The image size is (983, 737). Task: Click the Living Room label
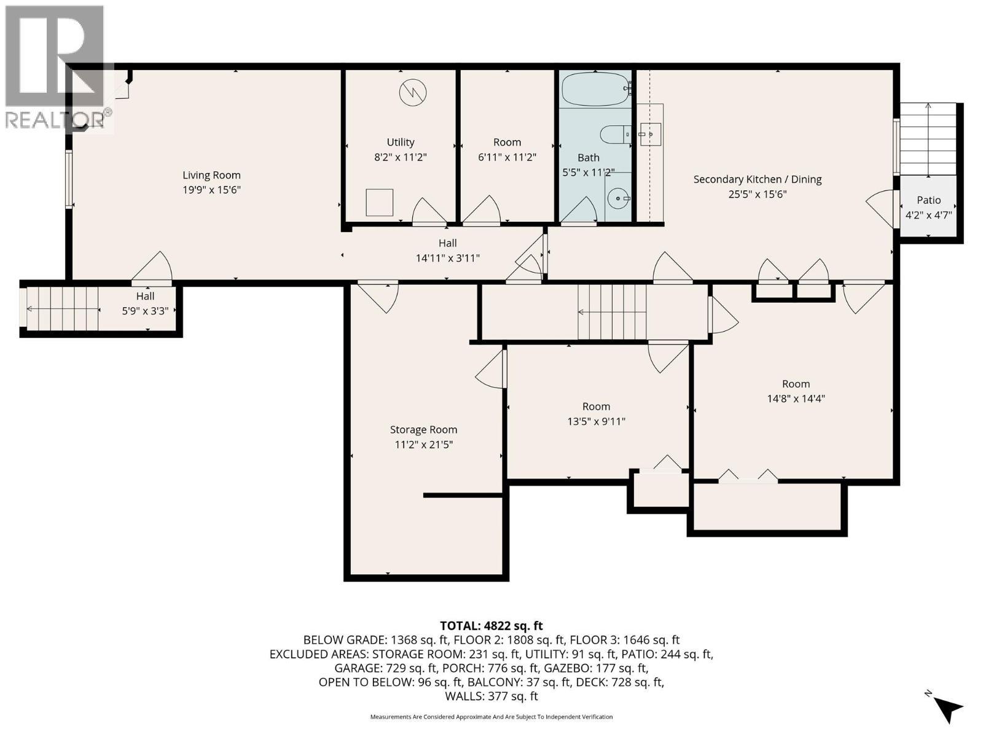click(x=211, y=176)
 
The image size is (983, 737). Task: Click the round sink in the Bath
click(x=618, y=198)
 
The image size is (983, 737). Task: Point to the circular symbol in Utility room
click(x=412, y=93)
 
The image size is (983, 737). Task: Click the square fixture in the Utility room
click(x=379, y=202)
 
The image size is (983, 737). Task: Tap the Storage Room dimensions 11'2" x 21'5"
click(x=423, y=445)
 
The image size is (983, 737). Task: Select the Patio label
click(x=928, y=200)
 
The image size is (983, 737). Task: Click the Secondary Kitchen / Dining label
click(x=757, y=179)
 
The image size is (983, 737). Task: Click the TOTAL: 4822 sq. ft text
click(x=491, y=626)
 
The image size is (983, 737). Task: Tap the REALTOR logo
click(x=57, y=68)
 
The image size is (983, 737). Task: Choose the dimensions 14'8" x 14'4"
click(x=796, y=399)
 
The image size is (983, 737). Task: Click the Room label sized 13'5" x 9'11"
click(x=596, y=407)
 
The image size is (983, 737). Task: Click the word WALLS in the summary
click(x=464, y=696)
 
